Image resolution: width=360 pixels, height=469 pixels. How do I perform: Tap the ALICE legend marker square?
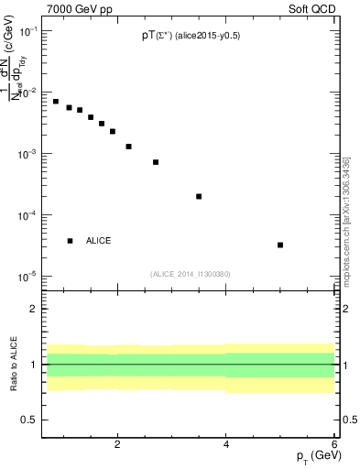tap(70, 241)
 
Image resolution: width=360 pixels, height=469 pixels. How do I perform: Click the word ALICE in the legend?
tap(99, 241)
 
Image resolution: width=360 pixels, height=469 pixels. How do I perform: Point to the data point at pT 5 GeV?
tap(279, 245)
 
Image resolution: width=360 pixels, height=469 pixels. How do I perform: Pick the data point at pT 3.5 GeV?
tap(199, 196)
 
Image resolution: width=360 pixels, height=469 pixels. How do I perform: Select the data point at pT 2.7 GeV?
tap(156, 162)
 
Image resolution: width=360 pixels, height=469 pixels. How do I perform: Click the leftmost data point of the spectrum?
tap(56, 102)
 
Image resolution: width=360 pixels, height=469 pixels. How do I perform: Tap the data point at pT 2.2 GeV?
tap(129, 147)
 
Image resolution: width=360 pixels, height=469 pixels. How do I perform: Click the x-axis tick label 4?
tap(226, 444)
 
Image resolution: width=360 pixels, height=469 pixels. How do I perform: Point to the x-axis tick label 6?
tap(333, 444)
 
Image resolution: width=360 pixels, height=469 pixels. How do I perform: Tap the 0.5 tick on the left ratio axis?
tap(29, 420)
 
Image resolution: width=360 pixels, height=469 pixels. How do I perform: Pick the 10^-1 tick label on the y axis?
tap(27, 32)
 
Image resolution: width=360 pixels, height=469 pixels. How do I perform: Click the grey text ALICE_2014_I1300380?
tap(191, 273)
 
